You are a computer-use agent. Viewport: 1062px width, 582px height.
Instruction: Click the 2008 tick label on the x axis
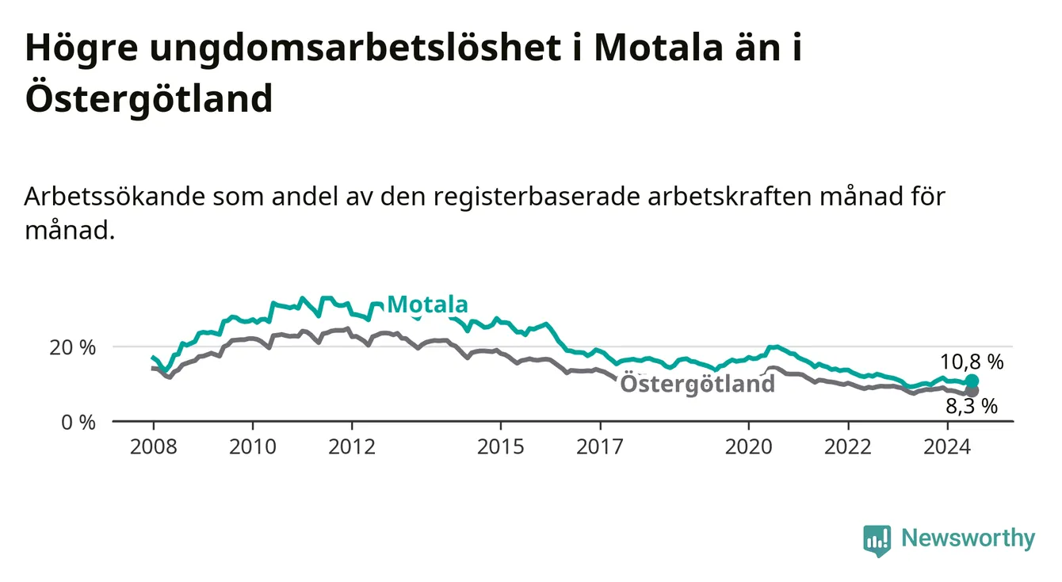click(x=153, y=447)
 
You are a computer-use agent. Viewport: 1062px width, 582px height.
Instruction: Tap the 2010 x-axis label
click(x=253, y=447)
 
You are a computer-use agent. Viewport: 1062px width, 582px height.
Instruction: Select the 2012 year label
click(x=352, y=447)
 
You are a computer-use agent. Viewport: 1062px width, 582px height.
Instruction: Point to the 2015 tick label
click(x=501, y=447)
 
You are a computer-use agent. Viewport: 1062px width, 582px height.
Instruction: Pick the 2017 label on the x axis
click(x=600, y=447)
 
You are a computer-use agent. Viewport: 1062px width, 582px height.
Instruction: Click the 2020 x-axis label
click(x=749, y=447)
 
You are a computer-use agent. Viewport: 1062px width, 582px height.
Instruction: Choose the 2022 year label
click(x=848, y=447)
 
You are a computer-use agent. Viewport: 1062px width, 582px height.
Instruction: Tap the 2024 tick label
click(x=947, y=447)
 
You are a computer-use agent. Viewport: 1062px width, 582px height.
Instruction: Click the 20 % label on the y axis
click(x=73, y=347)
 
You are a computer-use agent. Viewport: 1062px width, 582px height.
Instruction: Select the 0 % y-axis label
click(x=78, y=422)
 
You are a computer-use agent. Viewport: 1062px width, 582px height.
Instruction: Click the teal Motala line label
click(x=428, y=304)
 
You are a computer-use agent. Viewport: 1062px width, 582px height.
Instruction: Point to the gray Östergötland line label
click(x=697, y=383)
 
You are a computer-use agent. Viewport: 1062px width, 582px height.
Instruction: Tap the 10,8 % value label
click(x=972, y=362)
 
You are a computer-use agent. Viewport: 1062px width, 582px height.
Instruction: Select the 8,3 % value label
click(x=972, y=407)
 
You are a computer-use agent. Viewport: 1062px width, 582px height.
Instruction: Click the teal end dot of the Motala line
click(x=972, y=381)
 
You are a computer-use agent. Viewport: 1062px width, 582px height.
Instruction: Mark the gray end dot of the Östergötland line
click(x=972, y=392)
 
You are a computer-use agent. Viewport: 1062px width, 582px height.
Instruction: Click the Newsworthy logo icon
click(x=877, y=541)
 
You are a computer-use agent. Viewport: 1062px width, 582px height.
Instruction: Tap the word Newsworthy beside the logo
click(x=968, y=538)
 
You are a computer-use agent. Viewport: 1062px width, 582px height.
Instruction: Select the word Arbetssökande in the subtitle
click(x=115, y=197)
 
